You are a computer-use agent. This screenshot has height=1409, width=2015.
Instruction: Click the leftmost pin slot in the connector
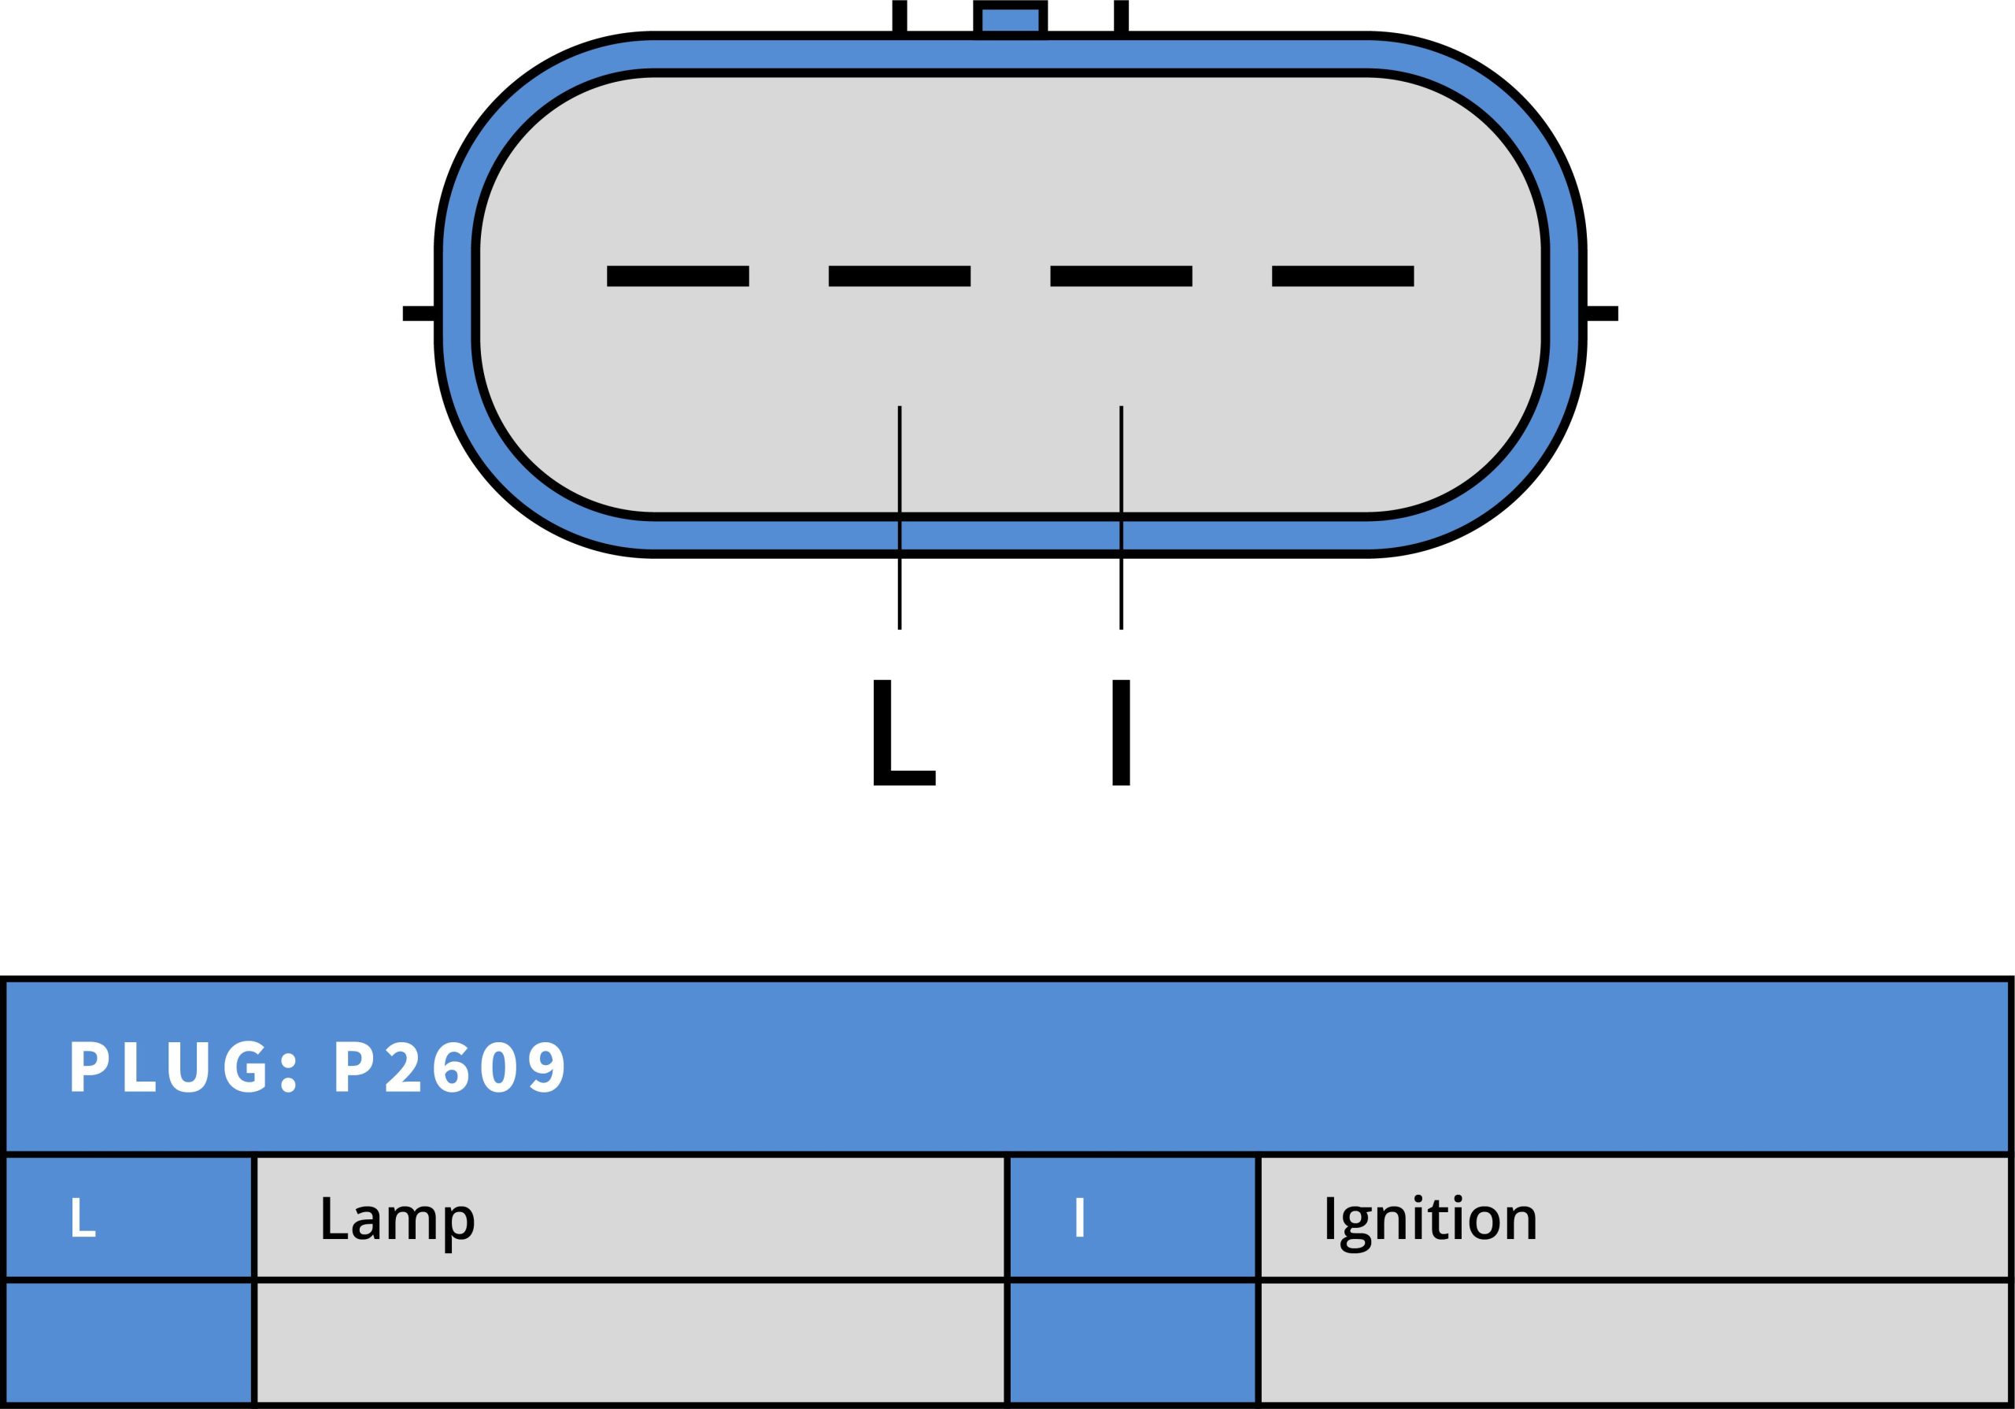678,276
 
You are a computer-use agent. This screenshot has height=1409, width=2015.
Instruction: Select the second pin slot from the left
900,276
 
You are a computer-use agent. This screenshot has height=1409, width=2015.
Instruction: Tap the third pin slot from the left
1121,276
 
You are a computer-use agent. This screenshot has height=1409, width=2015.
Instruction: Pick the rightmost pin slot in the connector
1343,276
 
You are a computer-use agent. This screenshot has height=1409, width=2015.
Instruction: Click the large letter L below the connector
903,732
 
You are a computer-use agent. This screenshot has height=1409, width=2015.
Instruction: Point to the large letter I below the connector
1121,732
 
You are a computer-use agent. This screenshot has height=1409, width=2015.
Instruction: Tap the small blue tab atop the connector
1010,20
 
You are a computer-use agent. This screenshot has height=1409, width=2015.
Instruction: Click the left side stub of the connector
420,313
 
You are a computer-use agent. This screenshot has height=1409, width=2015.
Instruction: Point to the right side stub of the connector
1602,313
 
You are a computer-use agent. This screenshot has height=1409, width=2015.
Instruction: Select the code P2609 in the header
450,1067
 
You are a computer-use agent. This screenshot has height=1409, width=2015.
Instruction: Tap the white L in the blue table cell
83,1218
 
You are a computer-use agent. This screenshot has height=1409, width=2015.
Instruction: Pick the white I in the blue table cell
1079,1218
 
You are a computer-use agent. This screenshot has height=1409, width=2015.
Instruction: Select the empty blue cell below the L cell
129,1343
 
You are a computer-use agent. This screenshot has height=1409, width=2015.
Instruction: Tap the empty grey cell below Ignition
1634,1343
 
